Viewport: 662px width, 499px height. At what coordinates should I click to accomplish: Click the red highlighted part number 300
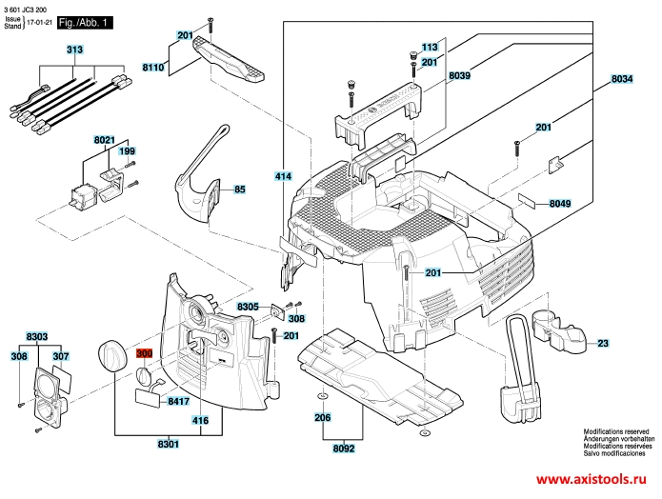pos(144,353)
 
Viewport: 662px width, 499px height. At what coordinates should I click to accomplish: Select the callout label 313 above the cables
pos(74,50)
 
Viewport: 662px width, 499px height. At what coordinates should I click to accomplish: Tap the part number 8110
pos(153,67)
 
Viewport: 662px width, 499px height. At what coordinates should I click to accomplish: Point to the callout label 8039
pos(460,75)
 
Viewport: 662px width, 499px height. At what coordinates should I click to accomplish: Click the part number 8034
pos(622,79)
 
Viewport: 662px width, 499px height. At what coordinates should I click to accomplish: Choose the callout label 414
pos(283,176)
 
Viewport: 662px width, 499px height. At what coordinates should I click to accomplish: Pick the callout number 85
pos(240,190)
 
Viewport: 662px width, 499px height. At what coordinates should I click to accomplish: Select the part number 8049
pos(560,204)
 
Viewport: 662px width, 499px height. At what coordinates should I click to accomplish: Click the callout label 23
pos(603,343)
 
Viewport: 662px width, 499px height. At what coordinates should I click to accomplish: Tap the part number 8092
pos(344,449)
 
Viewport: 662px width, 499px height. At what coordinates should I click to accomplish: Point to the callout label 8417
pos(178,401)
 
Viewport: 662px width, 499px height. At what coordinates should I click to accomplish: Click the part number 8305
pos(248,307)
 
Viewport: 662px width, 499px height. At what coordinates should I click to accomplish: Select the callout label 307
pos(61,356)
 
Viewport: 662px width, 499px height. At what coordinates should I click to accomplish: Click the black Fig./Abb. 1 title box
pos(85,23)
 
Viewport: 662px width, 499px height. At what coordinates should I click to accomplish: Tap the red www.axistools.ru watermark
pos(592,479)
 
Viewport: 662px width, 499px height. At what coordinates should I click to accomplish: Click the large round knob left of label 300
pos(111,355)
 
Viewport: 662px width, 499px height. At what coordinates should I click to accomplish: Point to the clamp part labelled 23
pos(558,332)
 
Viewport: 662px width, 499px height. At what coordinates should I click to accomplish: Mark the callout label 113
pos(430,47)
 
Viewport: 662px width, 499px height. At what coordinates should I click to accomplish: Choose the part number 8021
pos(104,139)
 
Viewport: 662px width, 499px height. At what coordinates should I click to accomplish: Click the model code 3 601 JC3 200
pos(25,10)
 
